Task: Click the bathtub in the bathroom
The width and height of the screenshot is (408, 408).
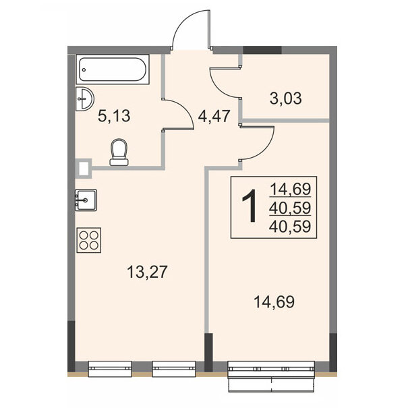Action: (x=113, y=69)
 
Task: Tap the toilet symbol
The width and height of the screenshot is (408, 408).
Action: (x=119, y=152)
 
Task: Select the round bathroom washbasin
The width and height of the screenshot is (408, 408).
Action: (x=84, y=99)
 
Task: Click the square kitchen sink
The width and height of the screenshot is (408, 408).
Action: (x=86, y=200)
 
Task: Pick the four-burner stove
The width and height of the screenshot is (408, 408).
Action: (x=89, y=240)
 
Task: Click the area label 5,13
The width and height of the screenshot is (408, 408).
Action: (x=114, y=116)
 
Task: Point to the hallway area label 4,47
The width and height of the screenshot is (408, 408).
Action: (x=214, y=116)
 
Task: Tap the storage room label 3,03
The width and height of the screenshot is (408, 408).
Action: (x=286, y=98)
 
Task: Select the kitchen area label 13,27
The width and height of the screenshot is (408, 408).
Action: (x=147, y=272)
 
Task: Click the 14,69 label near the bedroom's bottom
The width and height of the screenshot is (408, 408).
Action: (x=274, y=302)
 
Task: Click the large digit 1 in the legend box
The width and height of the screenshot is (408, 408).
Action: (x=250, y=206)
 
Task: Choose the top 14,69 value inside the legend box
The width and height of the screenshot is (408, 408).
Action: (x=291, y=189)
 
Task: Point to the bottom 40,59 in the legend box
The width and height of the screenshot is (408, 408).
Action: (x=291, y=226)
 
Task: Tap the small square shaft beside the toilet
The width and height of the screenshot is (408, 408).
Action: (x=84, y=168)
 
